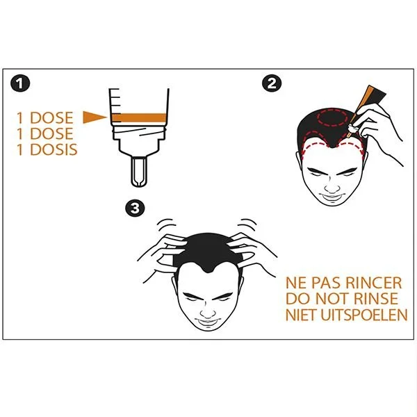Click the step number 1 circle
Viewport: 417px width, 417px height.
(20, 83)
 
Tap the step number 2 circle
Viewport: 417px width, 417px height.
(272, 83)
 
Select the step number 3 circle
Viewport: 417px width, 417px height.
(135, 208)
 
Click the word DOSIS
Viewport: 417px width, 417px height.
(54, 149)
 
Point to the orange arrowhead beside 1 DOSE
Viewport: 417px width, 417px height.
(95, 117)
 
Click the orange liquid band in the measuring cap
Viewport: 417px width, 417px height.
(139, 117)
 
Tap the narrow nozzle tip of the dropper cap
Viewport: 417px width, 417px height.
(139, 172)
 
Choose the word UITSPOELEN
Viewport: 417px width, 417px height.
(363, 315)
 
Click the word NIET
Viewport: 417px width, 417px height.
(301, 315)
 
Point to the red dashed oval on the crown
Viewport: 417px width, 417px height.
(332, 117)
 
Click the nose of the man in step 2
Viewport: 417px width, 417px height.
(332, 187)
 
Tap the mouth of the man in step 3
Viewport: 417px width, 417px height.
(208, 322)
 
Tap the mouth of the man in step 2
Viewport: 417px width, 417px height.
(332, 197)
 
